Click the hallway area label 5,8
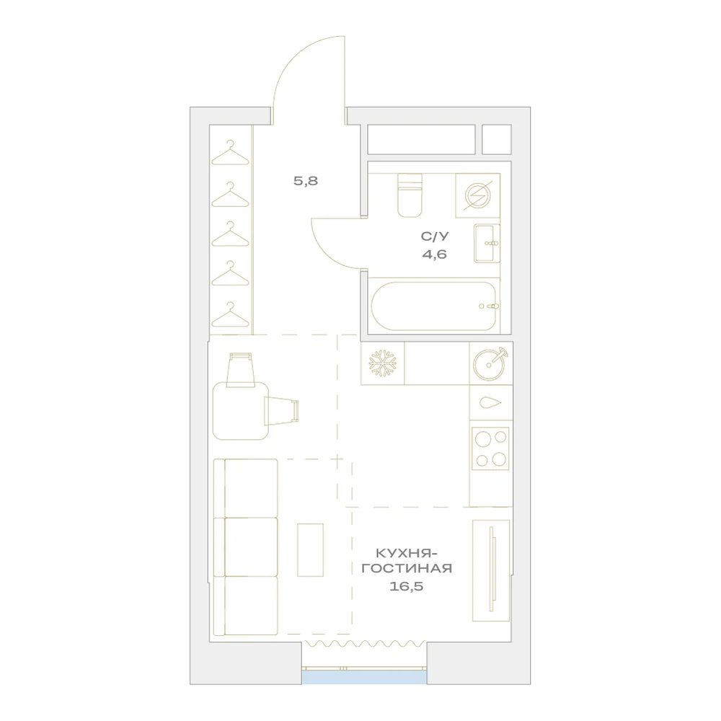click(306, 181)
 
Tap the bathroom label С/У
click(435, 236)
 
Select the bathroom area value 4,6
click(435, 255)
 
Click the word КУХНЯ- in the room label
click(407, 552)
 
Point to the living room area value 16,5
click(407, 586)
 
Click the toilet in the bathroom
click(410, 195)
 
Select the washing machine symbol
click(478, 195)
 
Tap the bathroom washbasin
click(487, 243)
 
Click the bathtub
click(434, 306)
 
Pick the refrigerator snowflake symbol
click(383, 363)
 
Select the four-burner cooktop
click(490, 448)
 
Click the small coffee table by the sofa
click(310, 550)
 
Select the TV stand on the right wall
click(491, 570)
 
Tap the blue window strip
click(364, 677)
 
